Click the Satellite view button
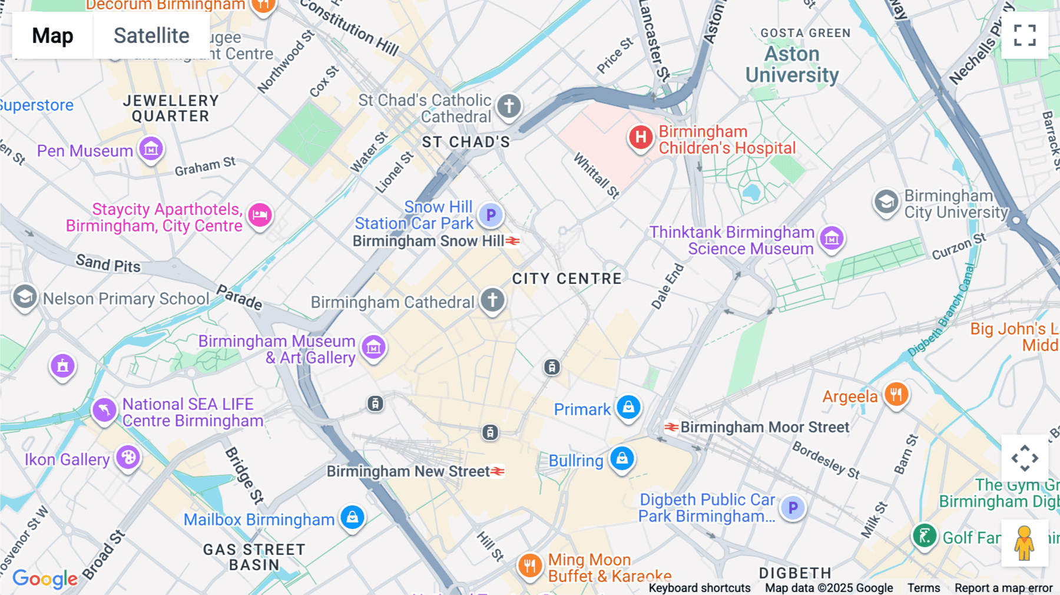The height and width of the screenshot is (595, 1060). [x=151, y=36]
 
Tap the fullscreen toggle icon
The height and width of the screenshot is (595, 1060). [x=1025, y=35]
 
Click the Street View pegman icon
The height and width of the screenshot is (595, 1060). [x=1025, y=543]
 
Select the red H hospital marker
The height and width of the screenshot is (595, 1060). [x=641, y=138]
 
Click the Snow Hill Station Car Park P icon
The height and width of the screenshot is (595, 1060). [x=491, y=215]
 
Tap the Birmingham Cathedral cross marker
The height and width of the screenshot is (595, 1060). [x=492, y=300]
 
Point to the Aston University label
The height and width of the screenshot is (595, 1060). [x=792, y=64]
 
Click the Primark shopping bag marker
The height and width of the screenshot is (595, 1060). [x=628, y=407]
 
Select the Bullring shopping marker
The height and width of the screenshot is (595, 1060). [x=622, y=458]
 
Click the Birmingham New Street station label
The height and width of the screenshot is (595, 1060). [x=408, y=471]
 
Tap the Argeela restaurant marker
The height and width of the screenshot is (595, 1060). [x=896, y=394]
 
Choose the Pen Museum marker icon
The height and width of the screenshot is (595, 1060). [x=151, y=149]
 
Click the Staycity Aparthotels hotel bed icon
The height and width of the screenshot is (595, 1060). [x=260, y=215]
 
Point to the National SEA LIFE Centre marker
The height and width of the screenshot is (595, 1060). [x=104, y=409]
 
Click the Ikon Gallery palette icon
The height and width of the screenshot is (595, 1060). [x=128, y=457]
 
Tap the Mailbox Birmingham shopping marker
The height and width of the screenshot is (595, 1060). [x=352, y=517]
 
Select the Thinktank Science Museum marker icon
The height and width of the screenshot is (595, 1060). [x=832, y=239]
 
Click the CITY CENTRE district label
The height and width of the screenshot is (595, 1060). [x=567, y=279]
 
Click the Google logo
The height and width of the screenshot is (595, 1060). [x=45, y=579]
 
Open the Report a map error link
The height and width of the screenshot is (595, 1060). [x=1003, y=588]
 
